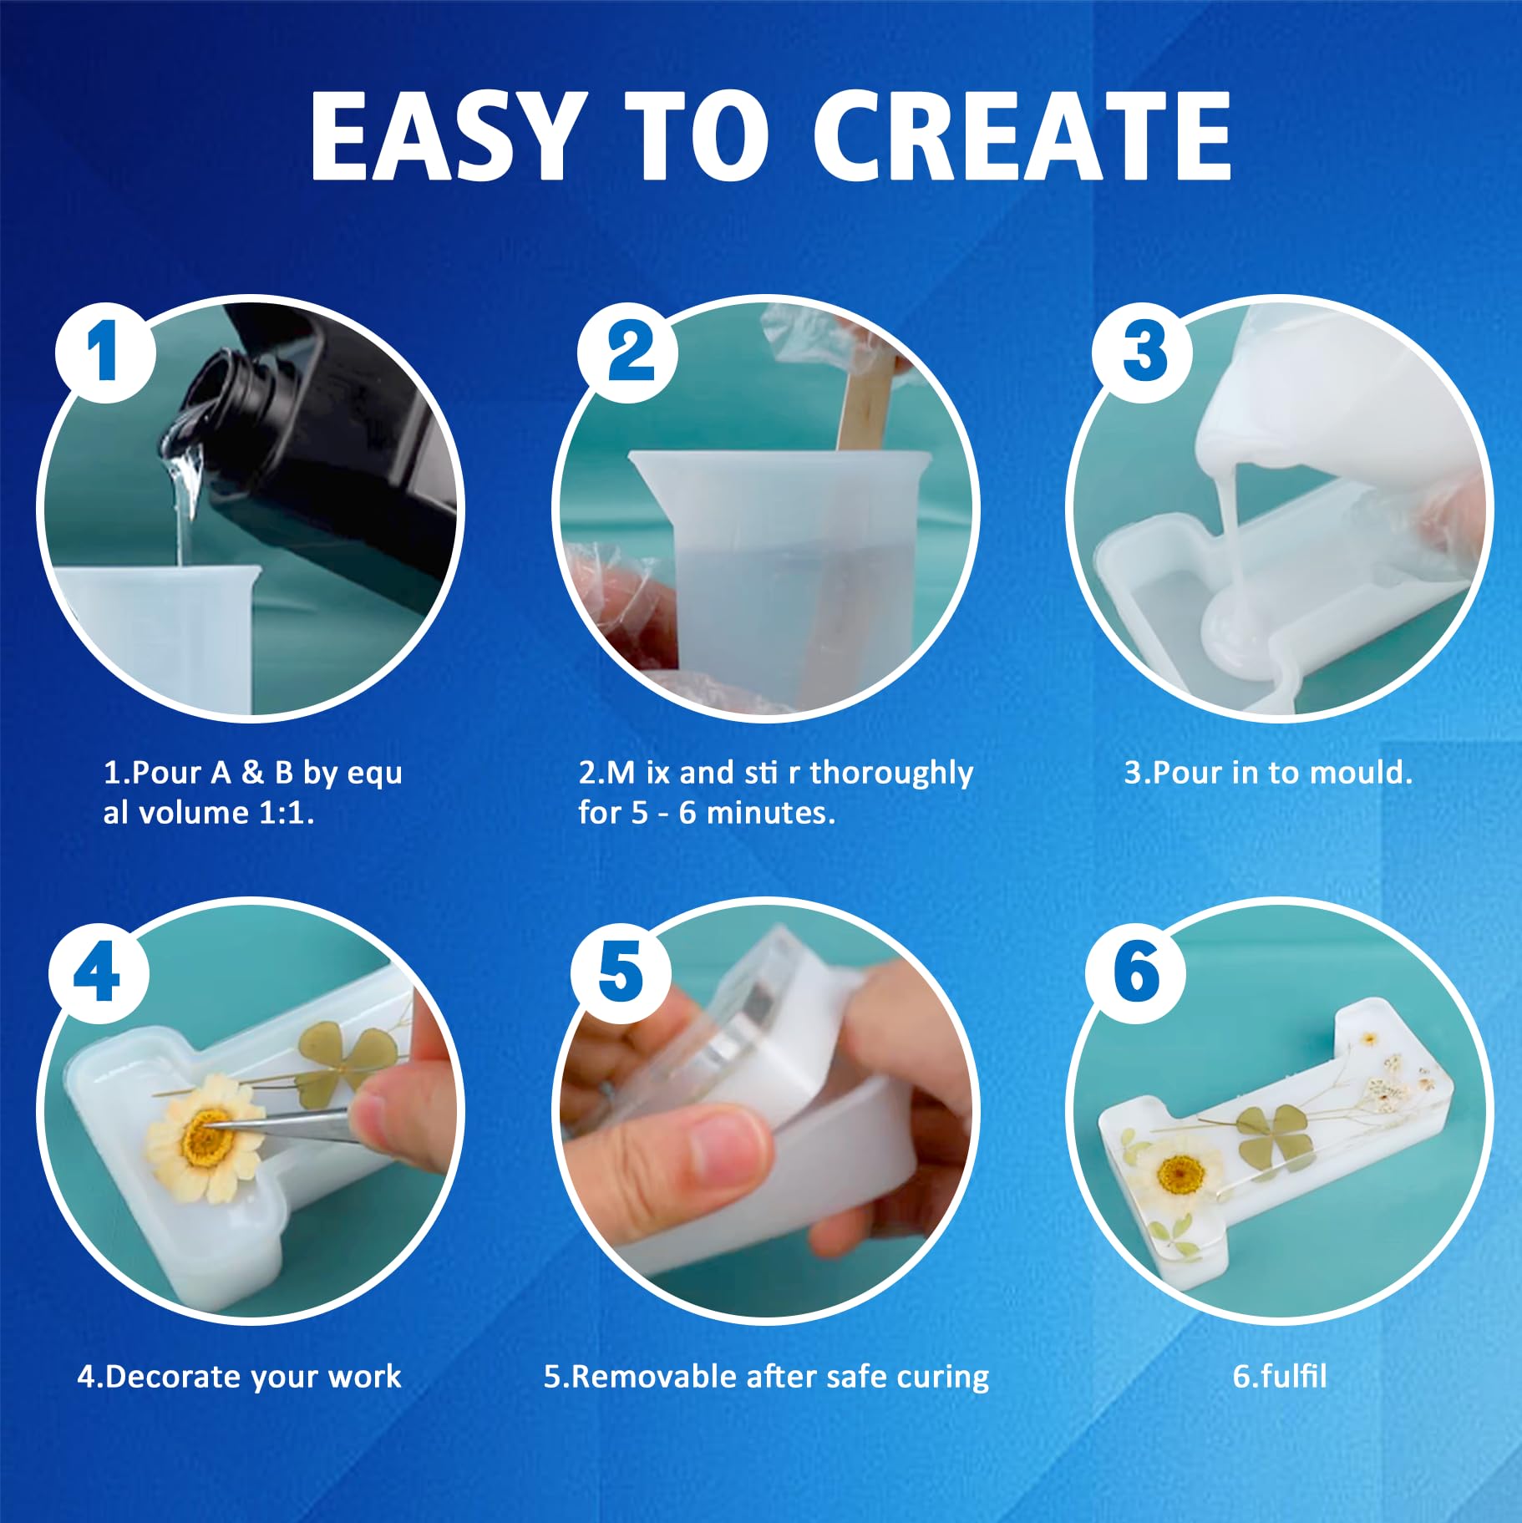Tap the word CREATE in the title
point(1022,135)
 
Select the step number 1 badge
point(106,352)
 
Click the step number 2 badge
point(628,352)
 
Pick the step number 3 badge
point(1143,352)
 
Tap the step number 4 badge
point(99,973)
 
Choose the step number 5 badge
point(621,973)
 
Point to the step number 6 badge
point(1136,973)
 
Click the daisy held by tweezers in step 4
point(205,1136)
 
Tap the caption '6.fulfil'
point(1280,1376)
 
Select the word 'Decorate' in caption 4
point(175,1376)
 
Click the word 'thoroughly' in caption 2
point(891,774)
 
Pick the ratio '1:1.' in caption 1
point(287,813)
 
